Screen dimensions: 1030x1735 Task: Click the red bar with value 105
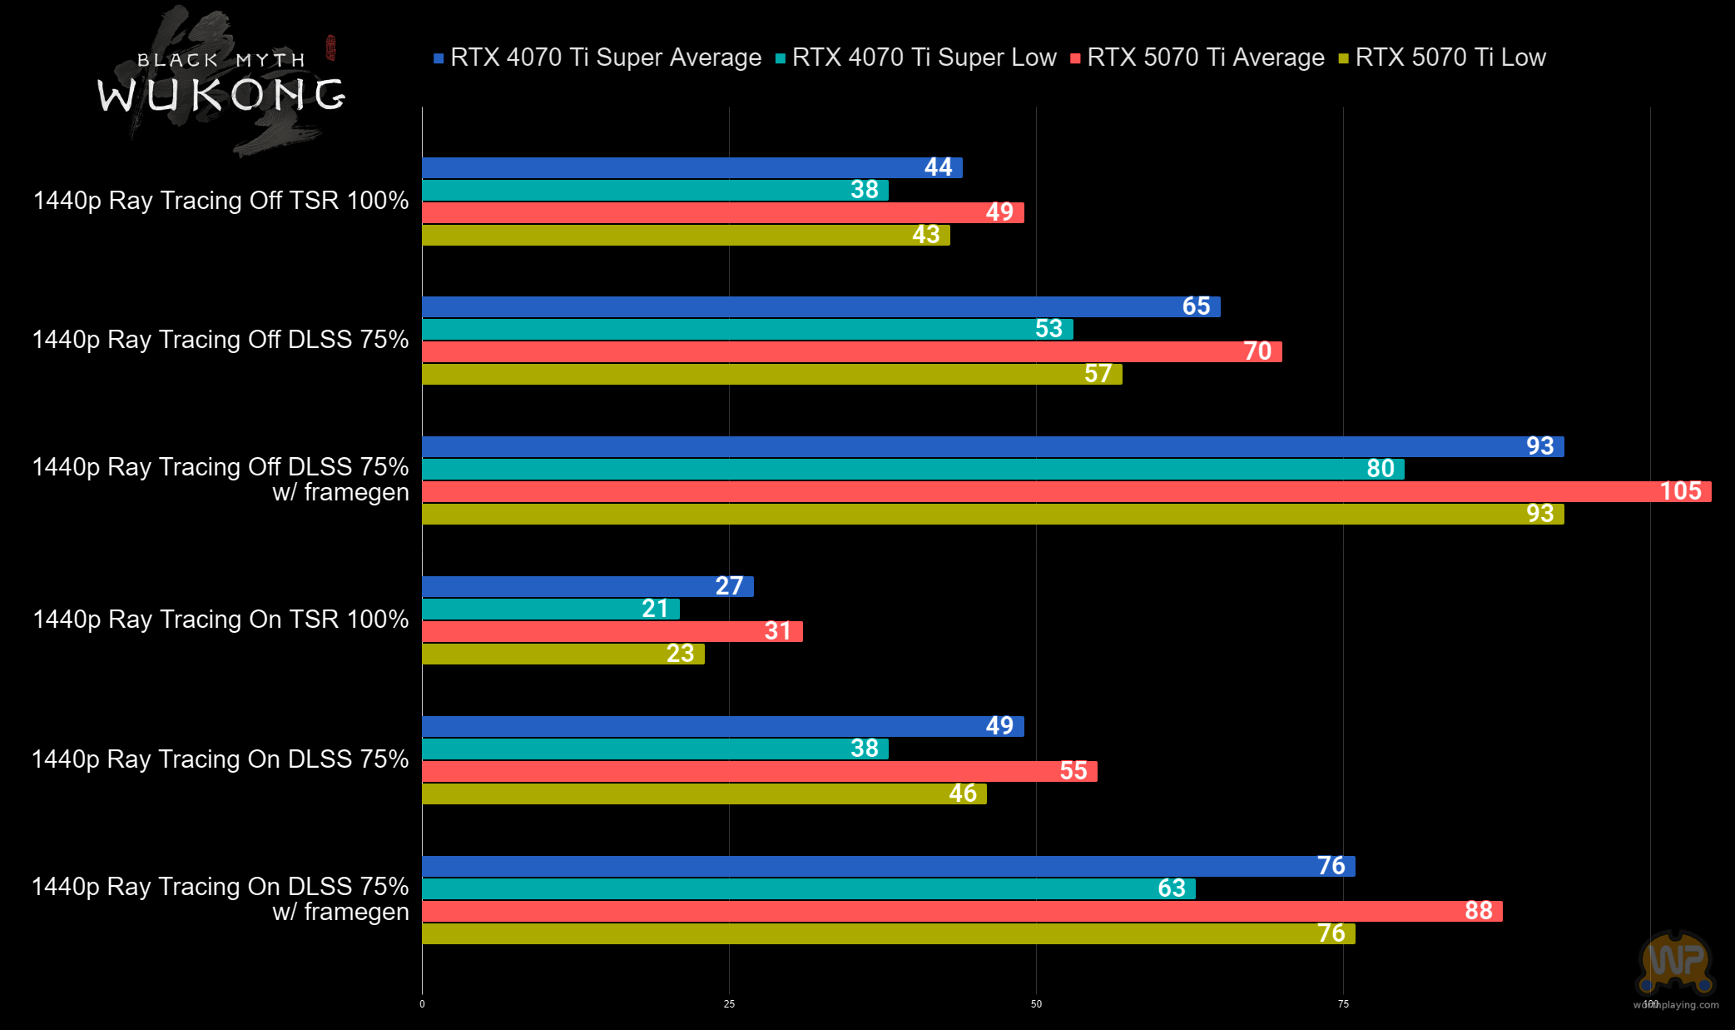[x=1065, y=491]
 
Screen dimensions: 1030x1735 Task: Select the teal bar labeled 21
[x=550, y=609]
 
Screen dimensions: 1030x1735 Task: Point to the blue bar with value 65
[x=820, y=306]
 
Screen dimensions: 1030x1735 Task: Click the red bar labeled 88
[x=961, y=911]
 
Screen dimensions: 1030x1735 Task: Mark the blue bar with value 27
[x=587, y=586]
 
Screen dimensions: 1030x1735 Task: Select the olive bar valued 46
[x=704, y=794]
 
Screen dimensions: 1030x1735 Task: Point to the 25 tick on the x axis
[x=729, y=1004]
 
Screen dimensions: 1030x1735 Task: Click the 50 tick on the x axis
[x=1036, y=1004]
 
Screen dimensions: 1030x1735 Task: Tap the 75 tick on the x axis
[x=1343, y=1004]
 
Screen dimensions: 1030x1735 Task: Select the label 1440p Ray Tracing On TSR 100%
[x=221, y=619]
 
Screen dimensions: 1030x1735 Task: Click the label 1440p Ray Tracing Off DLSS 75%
[x=221, y=340]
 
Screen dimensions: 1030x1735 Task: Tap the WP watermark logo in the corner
[x=1676, y=963]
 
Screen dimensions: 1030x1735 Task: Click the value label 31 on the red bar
[x=777, y=631]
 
